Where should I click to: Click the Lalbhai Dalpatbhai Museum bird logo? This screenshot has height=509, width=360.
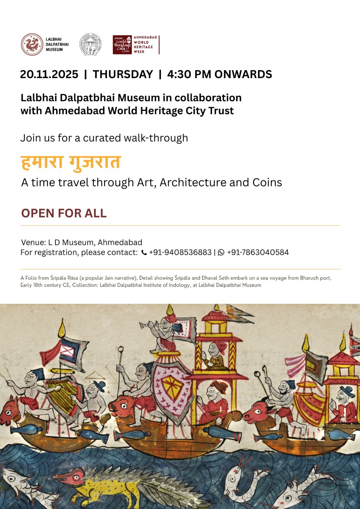[x=32, y=45]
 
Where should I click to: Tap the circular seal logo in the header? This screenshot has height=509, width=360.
[x=90, y=45]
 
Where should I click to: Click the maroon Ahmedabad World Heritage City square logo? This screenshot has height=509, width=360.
[x=122, y=45]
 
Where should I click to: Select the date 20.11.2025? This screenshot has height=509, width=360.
[x=49, y=75]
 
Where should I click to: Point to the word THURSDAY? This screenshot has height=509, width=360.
[x=123, y=75]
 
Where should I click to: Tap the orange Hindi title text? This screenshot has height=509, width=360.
[x=71, y=163]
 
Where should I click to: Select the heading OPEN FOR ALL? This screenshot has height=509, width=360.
[x=64, y=213]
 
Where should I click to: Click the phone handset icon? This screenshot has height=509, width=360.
[x=144, y=253]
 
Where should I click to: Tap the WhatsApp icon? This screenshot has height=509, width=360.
[x=221, y=253]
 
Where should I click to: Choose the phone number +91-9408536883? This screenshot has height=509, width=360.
[x=180, y=253]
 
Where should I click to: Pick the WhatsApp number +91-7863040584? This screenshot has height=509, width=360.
[x=258, y=253]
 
